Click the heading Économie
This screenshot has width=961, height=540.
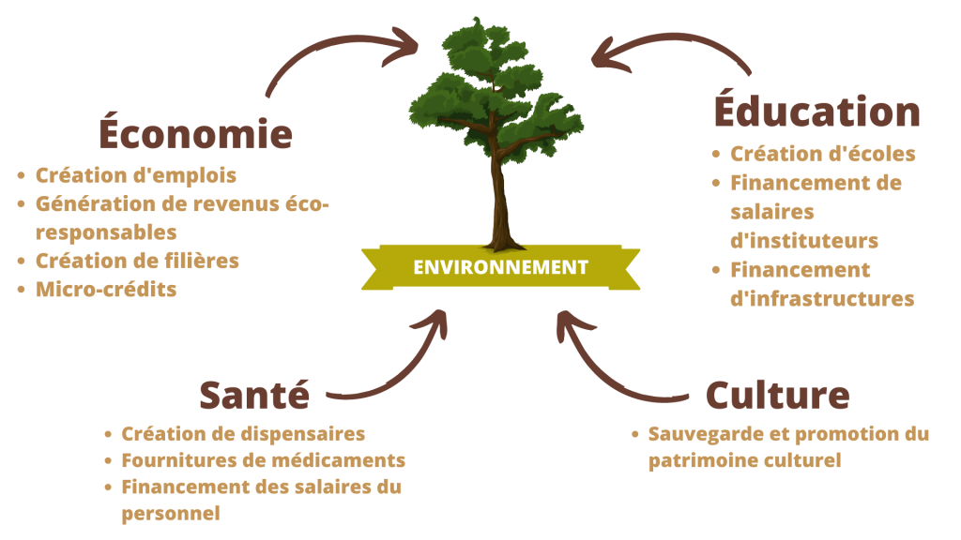point(195,134)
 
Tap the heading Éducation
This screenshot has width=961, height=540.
point(816,111)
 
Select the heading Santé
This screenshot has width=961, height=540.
point(253,395)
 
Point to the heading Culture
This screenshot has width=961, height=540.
point(777,395)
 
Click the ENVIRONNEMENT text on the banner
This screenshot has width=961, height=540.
point(500,267)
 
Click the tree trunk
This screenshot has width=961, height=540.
point(498,202)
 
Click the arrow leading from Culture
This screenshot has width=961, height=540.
point(610,370)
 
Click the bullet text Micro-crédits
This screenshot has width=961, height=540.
point(105,289)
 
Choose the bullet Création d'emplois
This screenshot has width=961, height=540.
point(135,175)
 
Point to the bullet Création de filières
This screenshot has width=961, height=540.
point(137,261)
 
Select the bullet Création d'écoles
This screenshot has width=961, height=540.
point(822,154)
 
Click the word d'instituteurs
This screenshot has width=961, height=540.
point(803,241)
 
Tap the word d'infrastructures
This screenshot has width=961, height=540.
point(822,299)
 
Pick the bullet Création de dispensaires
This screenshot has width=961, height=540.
point(243,434)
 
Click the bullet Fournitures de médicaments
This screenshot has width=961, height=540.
point(263,461)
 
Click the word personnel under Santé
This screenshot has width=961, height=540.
point(170,514)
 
